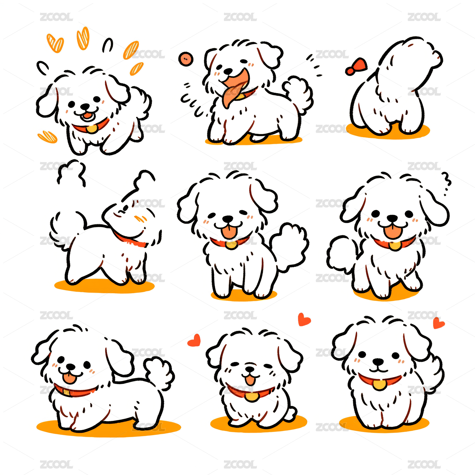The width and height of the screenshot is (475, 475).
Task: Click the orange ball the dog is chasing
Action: click(x=186, y=59)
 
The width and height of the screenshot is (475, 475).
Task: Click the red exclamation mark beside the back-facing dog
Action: click(x=357, y=66)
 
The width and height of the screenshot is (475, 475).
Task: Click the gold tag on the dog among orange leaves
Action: click(x=92, y=129)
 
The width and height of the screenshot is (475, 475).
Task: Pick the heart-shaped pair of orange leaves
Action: click(x=55, y=43)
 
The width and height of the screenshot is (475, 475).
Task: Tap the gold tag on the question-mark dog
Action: click(x=395, y=245)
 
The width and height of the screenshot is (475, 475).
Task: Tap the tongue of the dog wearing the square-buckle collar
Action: click(x=69, y=378)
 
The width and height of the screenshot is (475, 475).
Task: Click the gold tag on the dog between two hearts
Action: click(x=252, y=396)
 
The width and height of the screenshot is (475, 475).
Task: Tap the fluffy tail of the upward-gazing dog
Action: click(x=67, y=230)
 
